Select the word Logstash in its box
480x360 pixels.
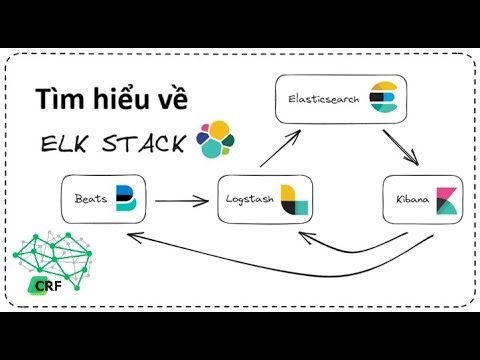(x=249, y=201)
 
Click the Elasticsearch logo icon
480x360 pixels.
(x=382, y=100)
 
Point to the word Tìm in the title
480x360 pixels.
(x=59, y=100)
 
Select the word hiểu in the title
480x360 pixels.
(x=123, y=100)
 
